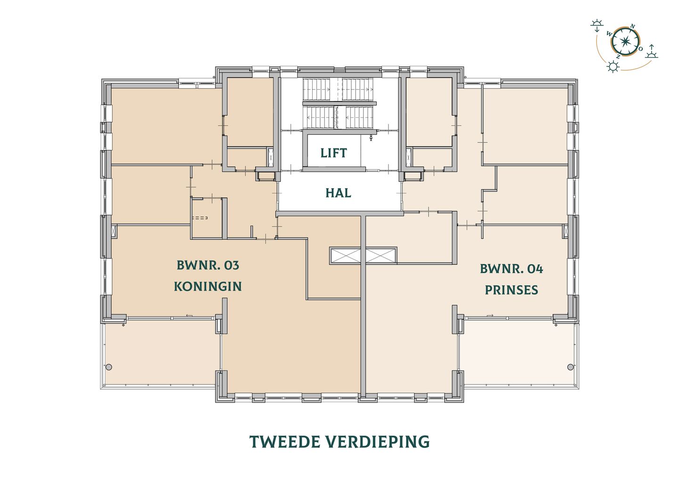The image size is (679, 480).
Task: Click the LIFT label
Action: pos(333,153)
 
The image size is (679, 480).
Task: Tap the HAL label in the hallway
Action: pos(338,193)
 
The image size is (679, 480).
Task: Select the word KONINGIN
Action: pos(207,286)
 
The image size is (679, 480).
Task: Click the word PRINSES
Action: pos(511,290)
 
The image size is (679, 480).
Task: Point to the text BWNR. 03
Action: pos(207,265)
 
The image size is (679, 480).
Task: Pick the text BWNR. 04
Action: pos(511,269)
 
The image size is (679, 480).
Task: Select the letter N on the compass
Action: pos(633,26)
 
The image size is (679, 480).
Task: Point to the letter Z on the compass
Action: pos(618,57)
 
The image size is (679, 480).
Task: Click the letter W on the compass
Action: pos(609,34)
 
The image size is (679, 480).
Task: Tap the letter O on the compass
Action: pos(640,49)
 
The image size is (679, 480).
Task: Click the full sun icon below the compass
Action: pos(613,66)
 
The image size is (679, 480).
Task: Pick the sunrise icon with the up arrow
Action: pos(652,51)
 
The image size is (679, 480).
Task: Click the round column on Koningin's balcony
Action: pos(109,367)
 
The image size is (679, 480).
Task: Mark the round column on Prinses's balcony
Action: pos(570,367)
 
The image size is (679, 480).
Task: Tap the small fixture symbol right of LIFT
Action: pos(372,138)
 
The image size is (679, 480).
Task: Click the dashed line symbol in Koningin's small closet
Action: pos(200,218)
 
